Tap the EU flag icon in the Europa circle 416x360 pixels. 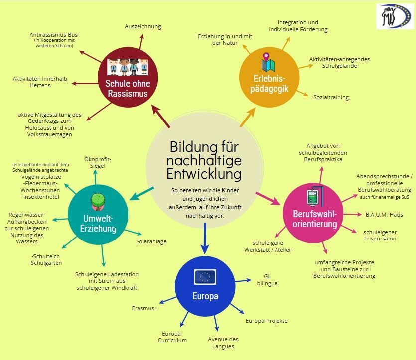205,277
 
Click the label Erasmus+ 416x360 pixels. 144,308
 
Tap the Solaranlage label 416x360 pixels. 151,241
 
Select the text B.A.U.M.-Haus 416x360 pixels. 384,215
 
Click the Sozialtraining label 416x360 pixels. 331,97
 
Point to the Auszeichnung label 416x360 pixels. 142,26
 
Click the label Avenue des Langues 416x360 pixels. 223,343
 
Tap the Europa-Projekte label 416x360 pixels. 267,321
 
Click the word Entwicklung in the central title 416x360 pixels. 204,174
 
